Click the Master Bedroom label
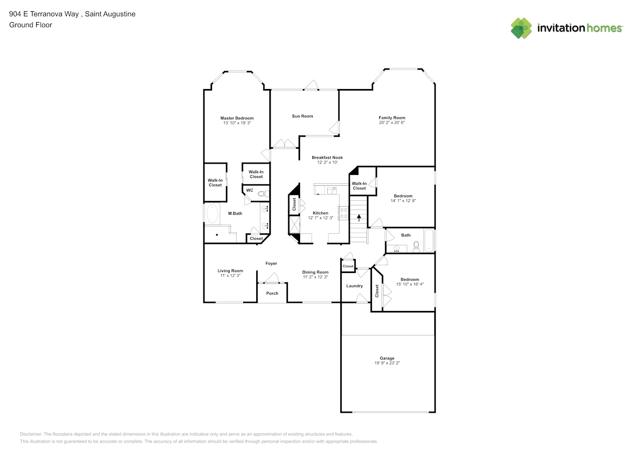point(237,118)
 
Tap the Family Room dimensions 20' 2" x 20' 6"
point(392,122)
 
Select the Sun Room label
point(302,116)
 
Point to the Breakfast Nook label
point(327,158)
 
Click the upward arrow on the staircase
point(359,218)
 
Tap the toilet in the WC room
point(263,194)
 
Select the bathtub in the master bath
point(211,214)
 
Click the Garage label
point(387,358)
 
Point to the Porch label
point(272,293)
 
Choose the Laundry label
point(354,286)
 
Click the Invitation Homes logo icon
point(521,28)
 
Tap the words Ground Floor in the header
point(31,25)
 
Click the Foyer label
point(271,264)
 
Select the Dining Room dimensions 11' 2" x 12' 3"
point(315,277)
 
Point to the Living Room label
point(230,271)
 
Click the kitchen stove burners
point(343,213)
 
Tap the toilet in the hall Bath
point(416,246)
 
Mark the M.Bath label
point(235,213)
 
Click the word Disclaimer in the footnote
point(31,434)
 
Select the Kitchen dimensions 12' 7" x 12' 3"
point(320,218)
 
